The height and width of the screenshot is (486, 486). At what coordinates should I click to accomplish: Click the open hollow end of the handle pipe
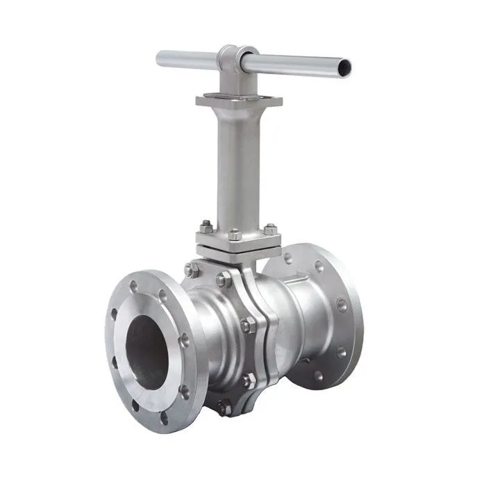[x=342, y=67]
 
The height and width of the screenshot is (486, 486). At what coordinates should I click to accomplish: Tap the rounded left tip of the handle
[x=160, y=58]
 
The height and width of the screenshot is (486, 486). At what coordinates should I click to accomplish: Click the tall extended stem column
[x=238, y=167]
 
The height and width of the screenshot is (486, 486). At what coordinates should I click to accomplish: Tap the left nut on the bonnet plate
[x=206, y=226]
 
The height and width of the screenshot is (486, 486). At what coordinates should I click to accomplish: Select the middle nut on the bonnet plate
[x=234, y=234]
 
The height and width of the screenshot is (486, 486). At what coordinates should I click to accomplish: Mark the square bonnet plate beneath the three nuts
[x=237, y=244]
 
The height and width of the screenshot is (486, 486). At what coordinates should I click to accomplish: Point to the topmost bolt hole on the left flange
[x=133, y=285]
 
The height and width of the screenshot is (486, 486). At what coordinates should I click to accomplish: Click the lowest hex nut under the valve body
[x=223, y=408]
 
